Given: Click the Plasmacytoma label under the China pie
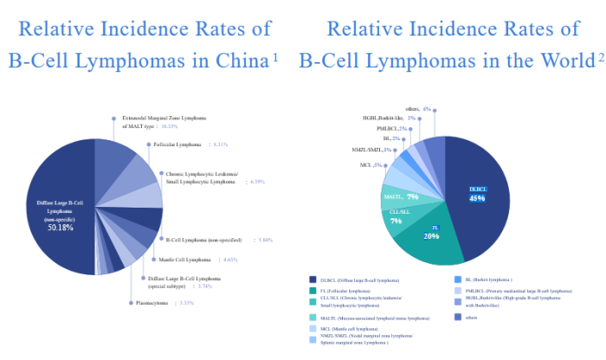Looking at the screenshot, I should [x=155, y=303].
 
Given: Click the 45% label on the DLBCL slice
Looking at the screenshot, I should [x=477, y=198].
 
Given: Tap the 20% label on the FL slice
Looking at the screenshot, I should [x=431, y=235].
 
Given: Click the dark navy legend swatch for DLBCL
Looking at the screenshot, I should [x=312, y=279].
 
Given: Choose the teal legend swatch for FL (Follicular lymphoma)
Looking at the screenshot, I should [x=312, y=292].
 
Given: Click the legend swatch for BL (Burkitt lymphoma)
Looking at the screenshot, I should [x=457, y=279].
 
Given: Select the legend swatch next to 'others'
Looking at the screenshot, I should [x=457, y=317].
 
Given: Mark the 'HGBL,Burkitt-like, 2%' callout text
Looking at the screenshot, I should [x=390, y=118].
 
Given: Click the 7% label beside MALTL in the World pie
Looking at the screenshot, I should [x=412, y=197].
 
